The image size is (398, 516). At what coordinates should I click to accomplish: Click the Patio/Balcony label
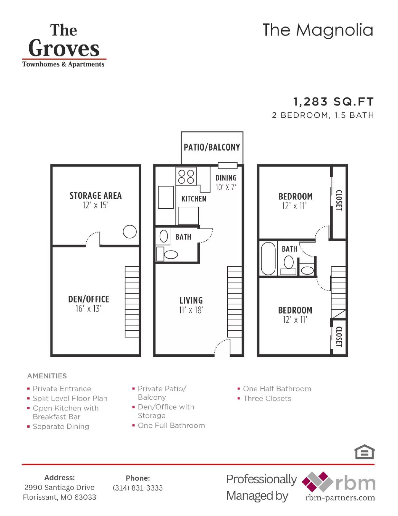click(212, 147)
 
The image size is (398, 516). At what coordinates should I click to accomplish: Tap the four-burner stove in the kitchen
click(186, 176)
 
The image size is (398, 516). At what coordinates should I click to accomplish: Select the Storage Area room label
click(96, 196)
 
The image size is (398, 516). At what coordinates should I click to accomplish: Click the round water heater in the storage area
click(130, 232)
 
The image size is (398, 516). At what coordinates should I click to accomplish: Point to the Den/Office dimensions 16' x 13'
click(89, 309)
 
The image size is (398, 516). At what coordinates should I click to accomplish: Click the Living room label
click(191, 301)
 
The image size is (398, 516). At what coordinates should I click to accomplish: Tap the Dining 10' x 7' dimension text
click(226, 187)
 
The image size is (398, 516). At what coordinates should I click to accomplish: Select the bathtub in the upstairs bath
click(268, 258)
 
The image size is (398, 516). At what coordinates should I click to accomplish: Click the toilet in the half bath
click(170, 255)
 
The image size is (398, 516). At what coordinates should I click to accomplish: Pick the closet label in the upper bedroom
click(339, 200)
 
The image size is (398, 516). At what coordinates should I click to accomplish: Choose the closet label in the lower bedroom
click(339, 337)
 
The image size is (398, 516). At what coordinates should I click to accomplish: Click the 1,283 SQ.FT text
click(333, 102)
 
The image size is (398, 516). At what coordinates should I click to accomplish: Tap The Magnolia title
click(317, 30)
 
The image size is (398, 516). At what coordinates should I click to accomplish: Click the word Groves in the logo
click(64, 48)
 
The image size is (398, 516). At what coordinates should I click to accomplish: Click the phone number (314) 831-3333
click(137, 488)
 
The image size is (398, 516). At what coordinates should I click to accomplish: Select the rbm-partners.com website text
click(340, 498)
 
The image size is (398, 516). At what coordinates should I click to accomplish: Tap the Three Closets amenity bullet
click(267, 399)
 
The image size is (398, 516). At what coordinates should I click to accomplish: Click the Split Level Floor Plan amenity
click(70, 399)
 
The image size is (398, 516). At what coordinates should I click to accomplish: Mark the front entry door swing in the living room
click(222, 347)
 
